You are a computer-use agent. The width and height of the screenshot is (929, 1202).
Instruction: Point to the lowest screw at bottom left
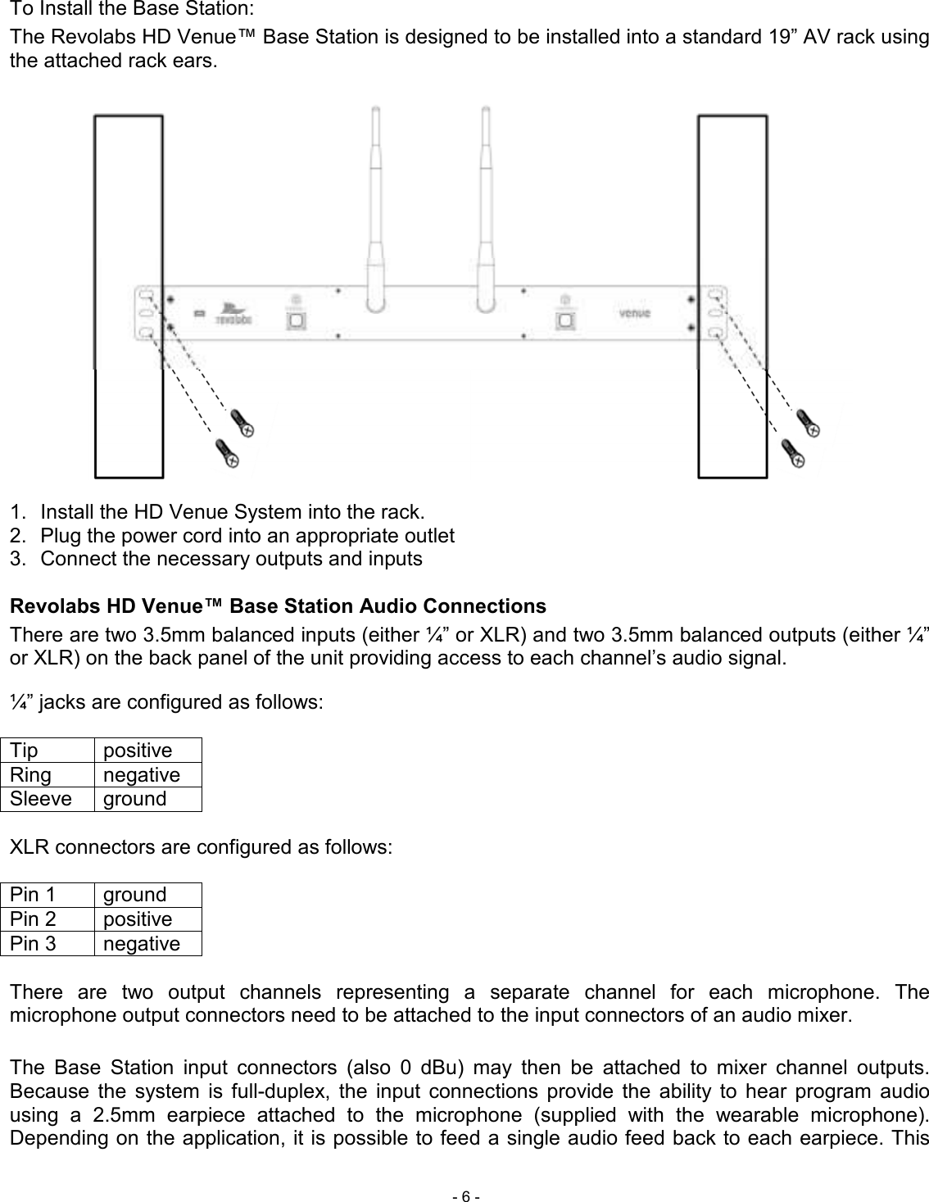pyautogui.click(x=227, y=452)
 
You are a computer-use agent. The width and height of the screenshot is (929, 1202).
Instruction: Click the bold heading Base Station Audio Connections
pyautogui.click(x=277, y=606)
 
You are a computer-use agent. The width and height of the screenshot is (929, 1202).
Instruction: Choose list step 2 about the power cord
pyautogui.click(x=247, y=536)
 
